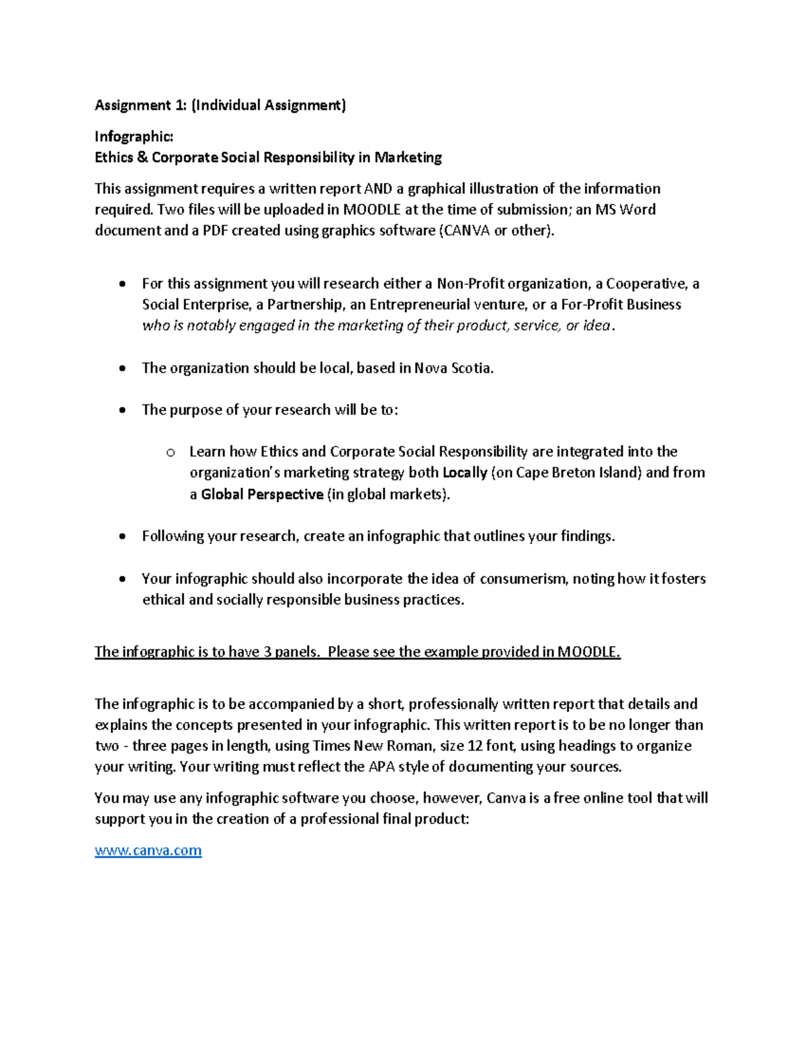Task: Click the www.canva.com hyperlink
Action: [148, 850]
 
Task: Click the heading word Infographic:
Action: [134, 136]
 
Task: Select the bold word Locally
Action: [465, 473]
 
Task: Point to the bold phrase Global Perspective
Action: [262, 494]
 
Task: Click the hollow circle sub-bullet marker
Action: [171, 452]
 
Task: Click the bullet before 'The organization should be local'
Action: [122, 368]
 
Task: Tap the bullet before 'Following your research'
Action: [122, 536]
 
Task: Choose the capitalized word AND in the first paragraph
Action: [377, 189]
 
